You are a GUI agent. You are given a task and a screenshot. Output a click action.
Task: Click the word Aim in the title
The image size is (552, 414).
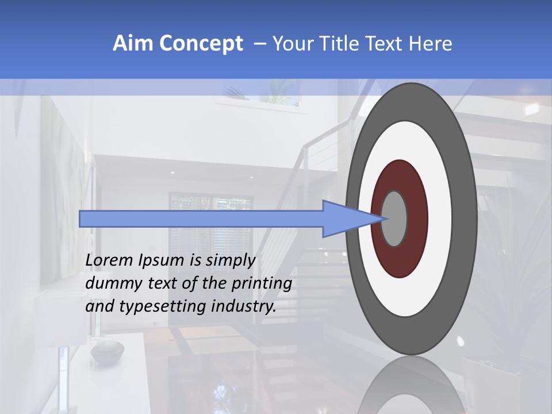click(x=133, y=44)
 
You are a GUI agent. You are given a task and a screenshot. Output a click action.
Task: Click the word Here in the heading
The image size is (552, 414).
click(x=431, y=44)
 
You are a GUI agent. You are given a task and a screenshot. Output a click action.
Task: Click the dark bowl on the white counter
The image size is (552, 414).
click(x=108, y=351)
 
